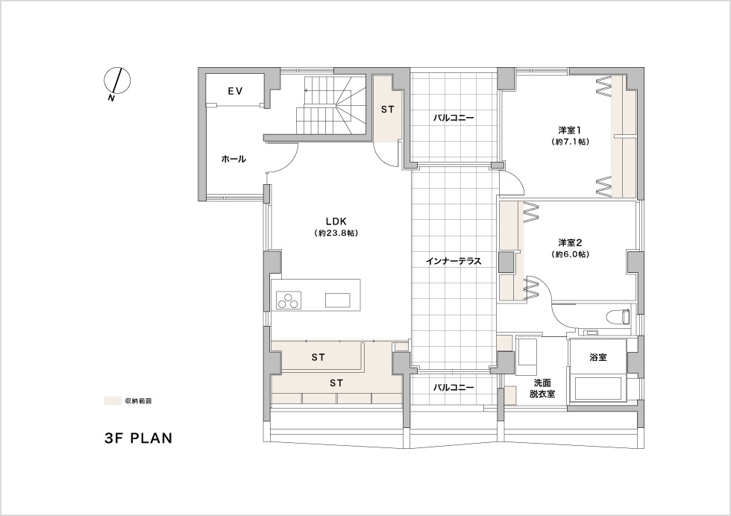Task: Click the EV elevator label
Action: click(236, 92)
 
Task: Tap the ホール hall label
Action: click(233, 160)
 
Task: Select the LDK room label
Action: click(336, 221)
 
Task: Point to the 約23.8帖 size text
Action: click(336, 233)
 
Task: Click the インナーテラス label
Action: click(454, 261)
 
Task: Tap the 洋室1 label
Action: click(570, 129)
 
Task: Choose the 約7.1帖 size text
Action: click(570, 142)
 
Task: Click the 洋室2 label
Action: click(570, 242)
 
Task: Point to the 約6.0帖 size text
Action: click(570, 254)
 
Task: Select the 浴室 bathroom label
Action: click(598, 357)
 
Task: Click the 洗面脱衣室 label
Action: click(542, 388)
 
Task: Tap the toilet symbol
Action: click(620, 317)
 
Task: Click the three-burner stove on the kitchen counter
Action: click(289, 301)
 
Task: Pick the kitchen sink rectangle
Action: click(337, 301)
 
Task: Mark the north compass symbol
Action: click(116, 81)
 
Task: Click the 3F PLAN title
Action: click(139, 438)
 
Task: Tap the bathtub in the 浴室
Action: click(599, 388)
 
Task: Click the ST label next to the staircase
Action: click(387, 110)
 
